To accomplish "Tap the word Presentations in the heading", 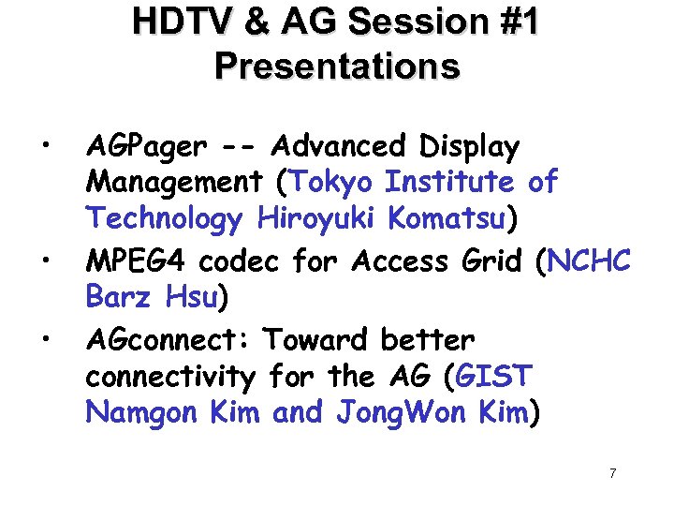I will pos(337,67).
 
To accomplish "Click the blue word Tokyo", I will pos(335,181).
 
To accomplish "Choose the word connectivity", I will pos(169,378).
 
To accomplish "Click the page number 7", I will pos(612,473).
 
